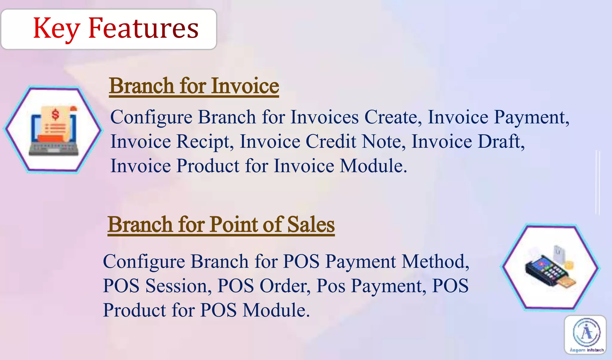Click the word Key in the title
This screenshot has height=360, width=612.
tap(56, 29)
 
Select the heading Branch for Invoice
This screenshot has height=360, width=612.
tap(194, 86)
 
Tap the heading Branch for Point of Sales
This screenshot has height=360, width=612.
tap(221, 224)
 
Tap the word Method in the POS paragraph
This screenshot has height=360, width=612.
tap(435, 261)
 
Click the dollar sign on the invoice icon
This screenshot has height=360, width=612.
tap(55, 114)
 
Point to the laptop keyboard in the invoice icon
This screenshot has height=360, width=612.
tap(54, 148)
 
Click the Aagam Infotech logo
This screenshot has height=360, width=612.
tap(585, 335)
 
